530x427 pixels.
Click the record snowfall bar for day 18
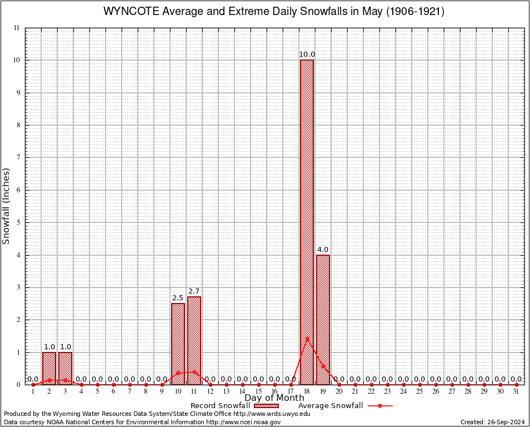[x=307, y=222]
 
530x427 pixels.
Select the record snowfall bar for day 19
[x=323, y=320]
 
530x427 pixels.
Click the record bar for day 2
[x=49, y=368]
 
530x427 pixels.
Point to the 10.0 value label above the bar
[x=307, y=54]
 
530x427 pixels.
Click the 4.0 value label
[x=323, y=250]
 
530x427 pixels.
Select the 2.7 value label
[x=194, y=291]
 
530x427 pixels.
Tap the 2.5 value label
[x=178, y=298]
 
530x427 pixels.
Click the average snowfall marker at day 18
[x=307, y=338]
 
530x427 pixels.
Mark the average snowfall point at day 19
[x=323, y=365]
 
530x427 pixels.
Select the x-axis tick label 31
[x=516, y=391]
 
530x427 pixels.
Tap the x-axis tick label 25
[x=419, y=391]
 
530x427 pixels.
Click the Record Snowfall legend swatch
[x=267, y=406]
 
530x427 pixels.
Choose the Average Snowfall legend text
[x=330, y=406]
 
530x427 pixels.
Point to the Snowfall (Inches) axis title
[x=7, y=206]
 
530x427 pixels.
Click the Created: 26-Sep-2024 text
[x=492, y=422]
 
